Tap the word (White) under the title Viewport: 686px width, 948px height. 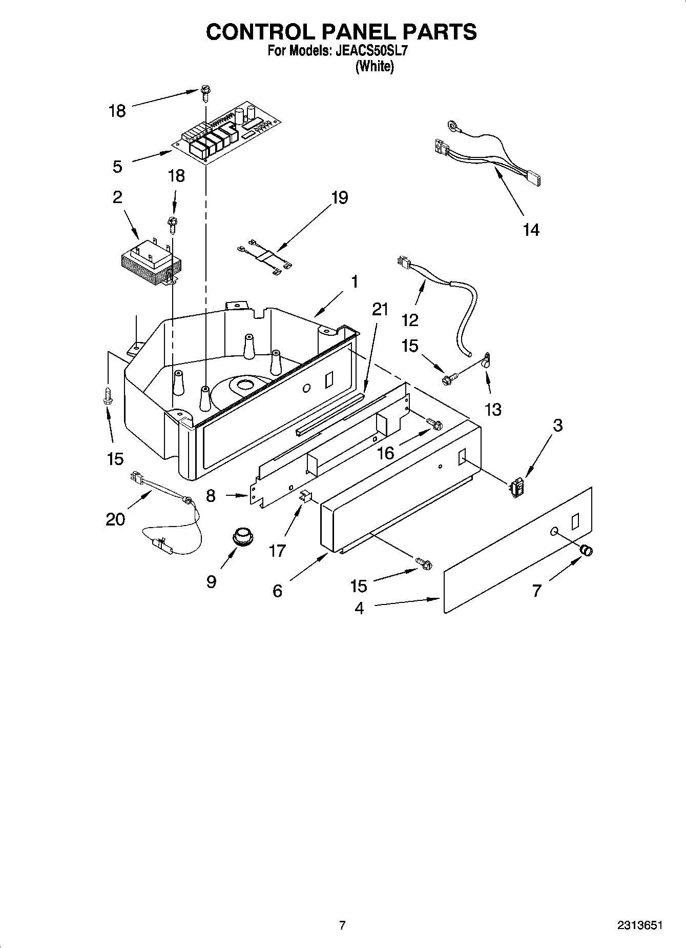click(x=375, y=66)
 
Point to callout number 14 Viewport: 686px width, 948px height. click(x=531, y=230)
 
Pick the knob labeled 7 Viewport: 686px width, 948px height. click(x=586, y=551)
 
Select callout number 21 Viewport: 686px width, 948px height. click(x=380, y=309)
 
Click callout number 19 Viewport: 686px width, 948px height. click(x=339, y=197)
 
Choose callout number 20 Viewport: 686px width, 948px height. click(x=115, y=519)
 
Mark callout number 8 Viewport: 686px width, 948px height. click(x=211, y=496)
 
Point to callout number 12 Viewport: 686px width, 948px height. click(x=410, y=320)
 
